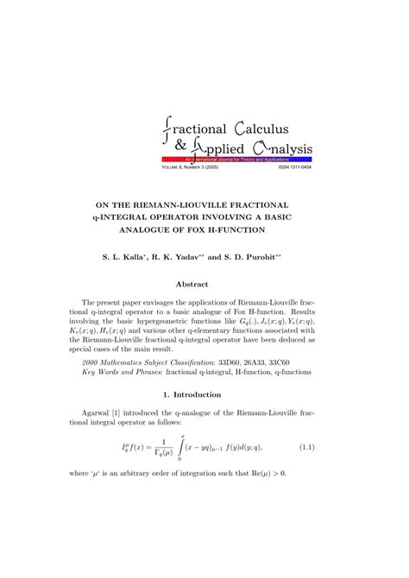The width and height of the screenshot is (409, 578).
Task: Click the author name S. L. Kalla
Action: (x=136, y=257)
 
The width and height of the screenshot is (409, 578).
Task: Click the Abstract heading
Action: (x=204, y=283)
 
